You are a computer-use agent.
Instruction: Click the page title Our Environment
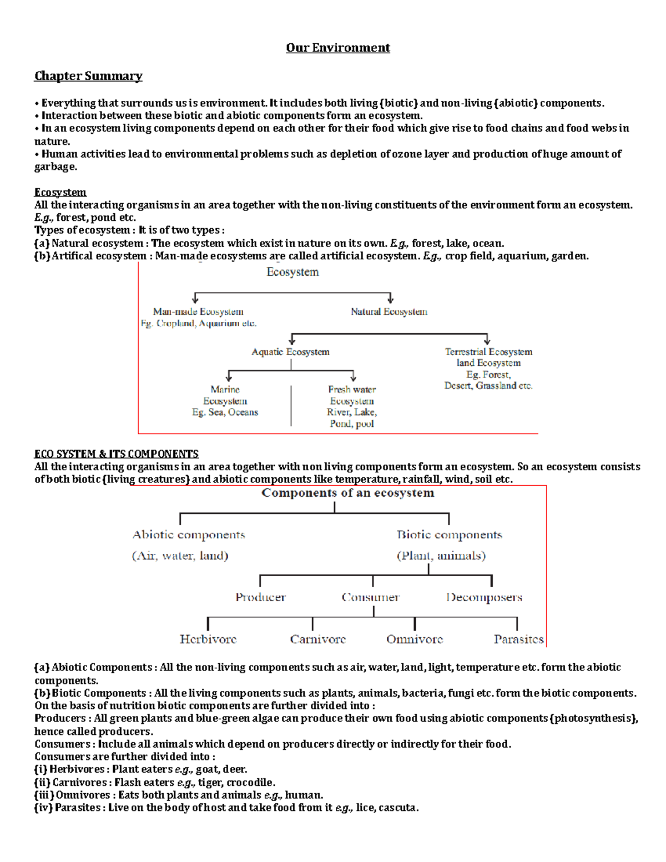337,48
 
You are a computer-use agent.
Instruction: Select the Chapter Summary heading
88,76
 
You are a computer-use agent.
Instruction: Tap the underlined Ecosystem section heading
60,192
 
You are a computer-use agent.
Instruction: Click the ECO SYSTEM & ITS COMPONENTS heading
117,454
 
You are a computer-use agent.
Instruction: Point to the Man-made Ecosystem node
198,312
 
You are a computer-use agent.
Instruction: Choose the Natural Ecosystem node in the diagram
389,312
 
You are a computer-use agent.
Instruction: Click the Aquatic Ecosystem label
290,352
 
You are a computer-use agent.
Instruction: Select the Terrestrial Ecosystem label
488,352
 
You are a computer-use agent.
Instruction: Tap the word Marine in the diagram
225,390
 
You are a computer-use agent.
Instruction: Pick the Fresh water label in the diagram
352,390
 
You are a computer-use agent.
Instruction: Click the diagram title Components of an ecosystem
348,493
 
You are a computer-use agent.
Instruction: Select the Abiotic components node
189,535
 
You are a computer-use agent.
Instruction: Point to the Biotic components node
450,535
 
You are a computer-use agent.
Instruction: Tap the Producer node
260,597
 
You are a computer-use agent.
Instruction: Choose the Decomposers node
484,597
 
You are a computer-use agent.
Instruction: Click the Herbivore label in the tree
208,639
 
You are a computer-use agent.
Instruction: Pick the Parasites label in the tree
518,639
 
